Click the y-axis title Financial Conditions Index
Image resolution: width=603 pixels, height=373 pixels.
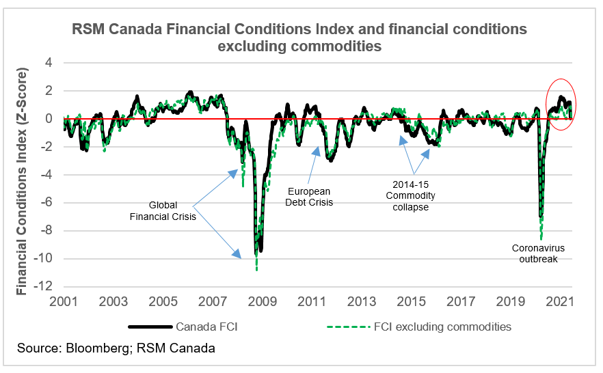(x=23, y=181)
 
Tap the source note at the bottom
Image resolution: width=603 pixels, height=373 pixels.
(x=116, y=348)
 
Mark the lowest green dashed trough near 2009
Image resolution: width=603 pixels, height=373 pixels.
(x=256, y=269)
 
